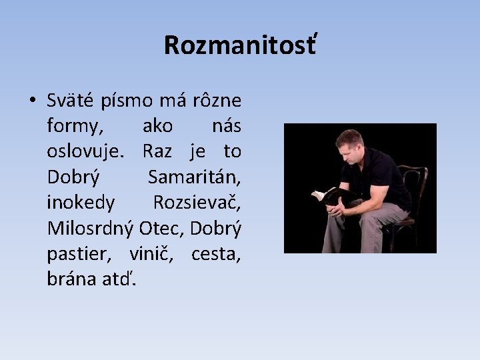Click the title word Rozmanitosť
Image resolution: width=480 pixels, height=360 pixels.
tap(240, 45)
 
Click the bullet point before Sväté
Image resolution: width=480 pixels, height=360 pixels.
tap(32, 101)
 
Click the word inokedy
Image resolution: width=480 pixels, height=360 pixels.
tap(81, 202)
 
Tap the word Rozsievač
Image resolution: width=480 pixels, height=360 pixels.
tap(197, 202)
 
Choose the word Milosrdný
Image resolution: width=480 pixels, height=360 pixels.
tap(91, 227)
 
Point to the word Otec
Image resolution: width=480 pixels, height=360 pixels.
tap(162, 227)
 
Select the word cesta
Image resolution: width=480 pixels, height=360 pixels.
tap(216, 253)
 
